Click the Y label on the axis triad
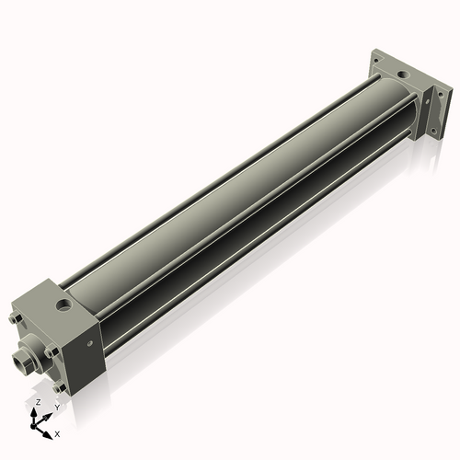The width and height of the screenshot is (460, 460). click(56, 407)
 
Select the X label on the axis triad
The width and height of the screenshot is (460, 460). click(58, 431)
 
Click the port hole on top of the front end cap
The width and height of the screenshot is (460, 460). click(63, 302)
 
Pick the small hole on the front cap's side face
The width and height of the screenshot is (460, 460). click(91, 344)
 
